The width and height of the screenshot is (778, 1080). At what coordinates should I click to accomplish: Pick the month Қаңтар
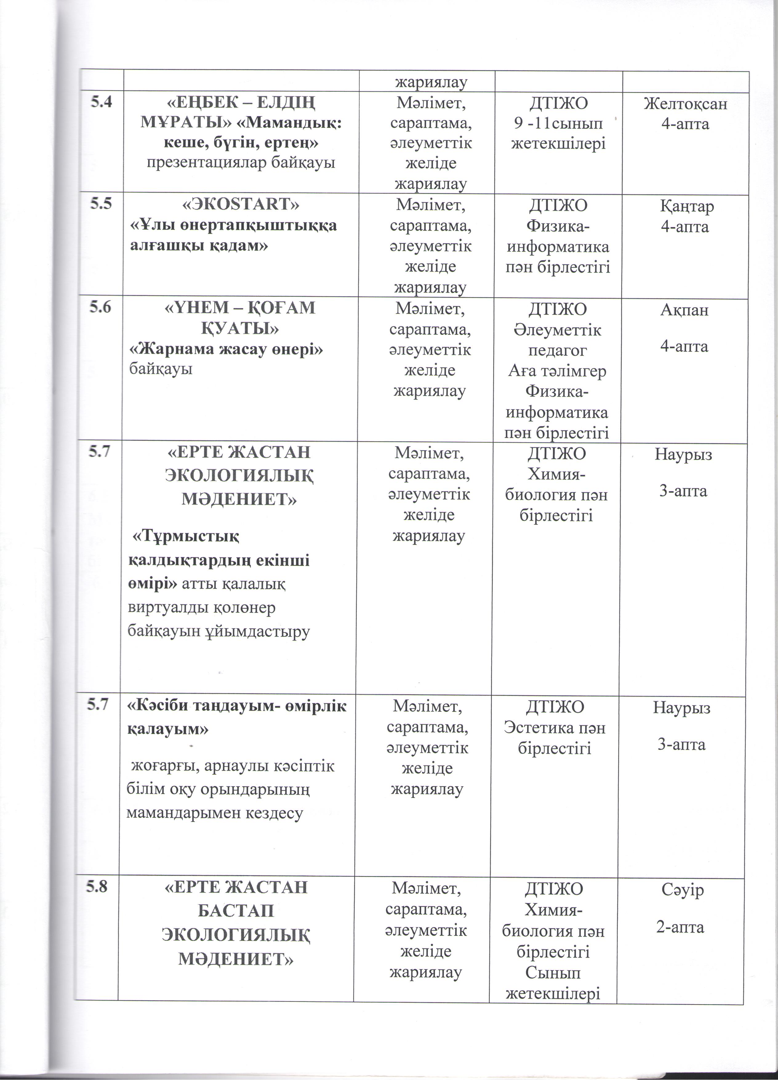click(686, 206)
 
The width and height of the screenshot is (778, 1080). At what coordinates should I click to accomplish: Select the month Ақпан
click(684, 310)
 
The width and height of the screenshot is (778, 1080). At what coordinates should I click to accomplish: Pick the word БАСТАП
click(235, 911)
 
